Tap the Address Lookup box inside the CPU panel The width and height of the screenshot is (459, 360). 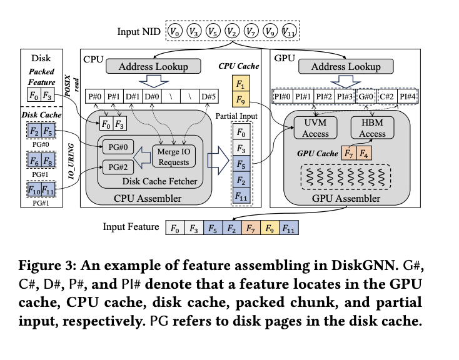click(x=153, y=67)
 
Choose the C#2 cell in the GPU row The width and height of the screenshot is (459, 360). click(x=388, y=97)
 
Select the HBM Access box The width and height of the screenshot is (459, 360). click(x=372, y=128)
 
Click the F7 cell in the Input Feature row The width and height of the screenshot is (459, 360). click(x=251, y=229)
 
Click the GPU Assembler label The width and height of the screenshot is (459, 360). click(x=342, y=199)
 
